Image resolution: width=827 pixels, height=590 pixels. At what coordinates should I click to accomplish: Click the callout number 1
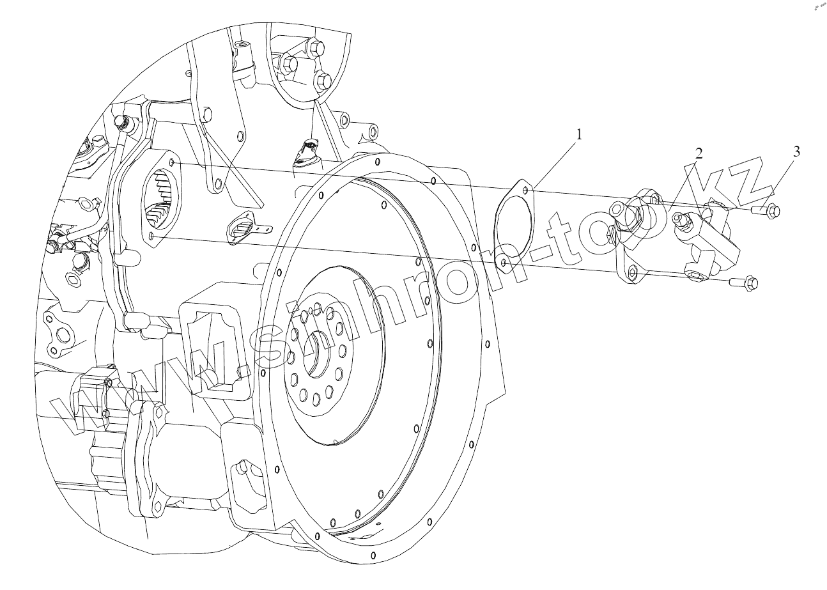pos(579,135)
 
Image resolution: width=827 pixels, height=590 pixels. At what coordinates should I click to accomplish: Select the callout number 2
pos(699,153)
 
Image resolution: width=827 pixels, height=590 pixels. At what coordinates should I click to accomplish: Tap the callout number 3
pos(796,152)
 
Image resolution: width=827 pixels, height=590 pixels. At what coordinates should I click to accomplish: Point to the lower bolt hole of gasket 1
pos(504,262)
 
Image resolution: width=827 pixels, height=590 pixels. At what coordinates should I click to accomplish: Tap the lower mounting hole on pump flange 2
pos(633,273)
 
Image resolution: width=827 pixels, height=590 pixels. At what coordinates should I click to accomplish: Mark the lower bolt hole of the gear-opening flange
pos(150,237)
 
